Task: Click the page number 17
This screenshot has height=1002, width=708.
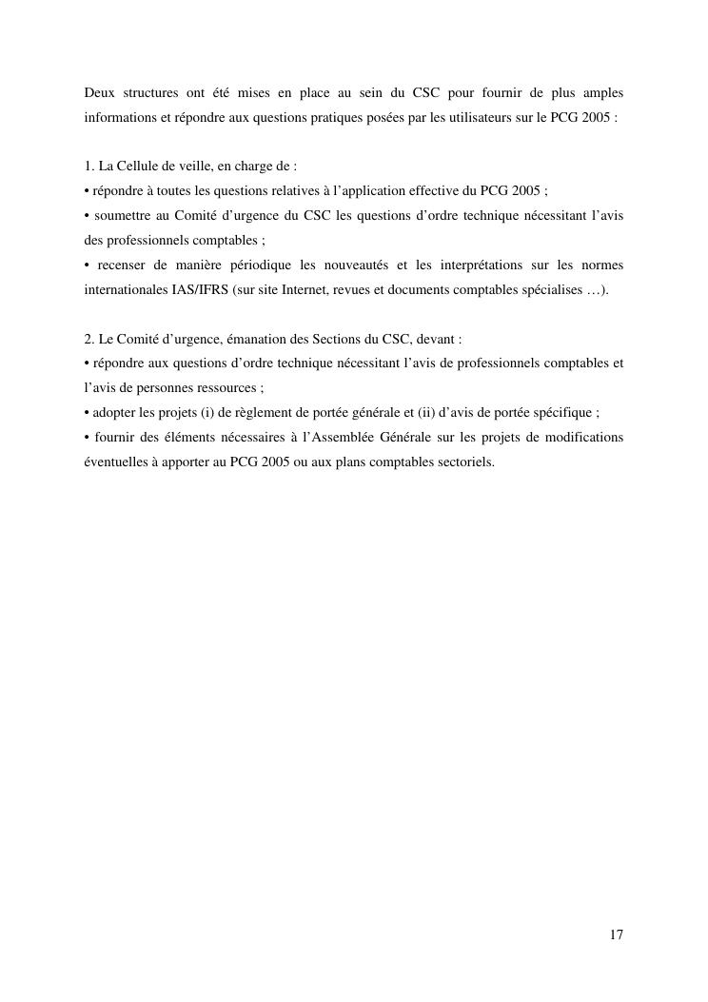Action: (x=617, y=934)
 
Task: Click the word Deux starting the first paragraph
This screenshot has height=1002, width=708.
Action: (x=100, y=92)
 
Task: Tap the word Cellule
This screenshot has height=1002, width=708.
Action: (x=140, y=166)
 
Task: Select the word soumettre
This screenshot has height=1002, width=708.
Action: (x=131, y=215)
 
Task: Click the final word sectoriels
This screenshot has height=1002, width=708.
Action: (x=464, y=462)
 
